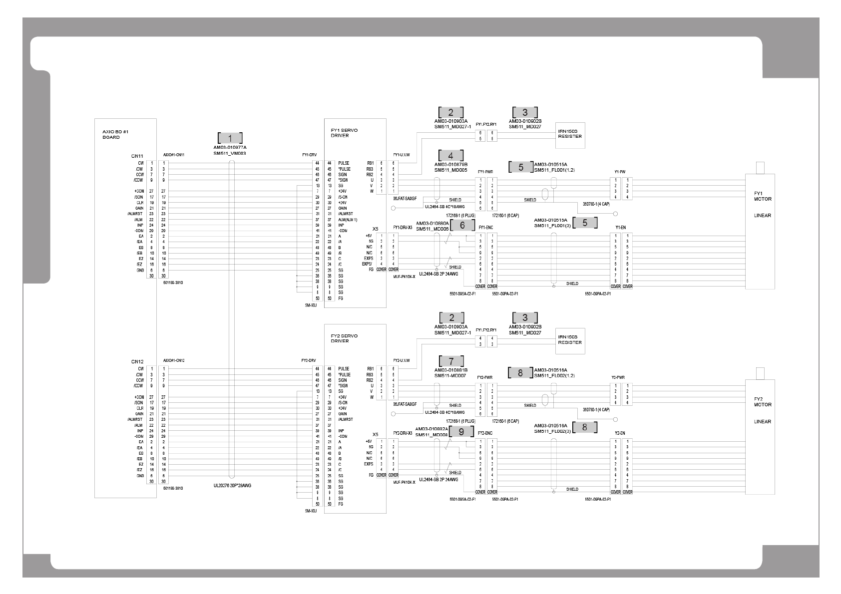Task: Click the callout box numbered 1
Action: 230,138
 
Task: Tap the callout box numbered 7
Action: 451,361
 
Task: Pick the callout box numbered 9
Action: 461,431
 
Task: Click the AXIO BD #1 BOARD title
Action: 111,134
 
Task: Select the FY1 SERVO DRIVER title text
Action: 344,133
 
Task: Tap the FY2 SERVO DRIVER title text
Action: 344,338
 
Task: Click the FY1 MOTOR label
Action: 763,196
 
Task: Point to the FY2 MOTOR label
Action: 763,402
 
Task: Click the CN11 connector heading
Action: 137,156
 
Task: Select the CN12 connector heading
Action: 137,361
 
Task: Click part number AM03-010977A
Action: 230,148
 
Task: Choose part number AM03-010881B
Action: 451,370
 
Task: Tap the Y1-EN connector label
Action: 620,228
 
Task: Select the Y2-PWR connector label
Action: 618,378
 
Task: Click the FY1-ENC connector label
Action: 485,228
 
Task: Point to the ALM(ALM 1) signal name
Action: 348,220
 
